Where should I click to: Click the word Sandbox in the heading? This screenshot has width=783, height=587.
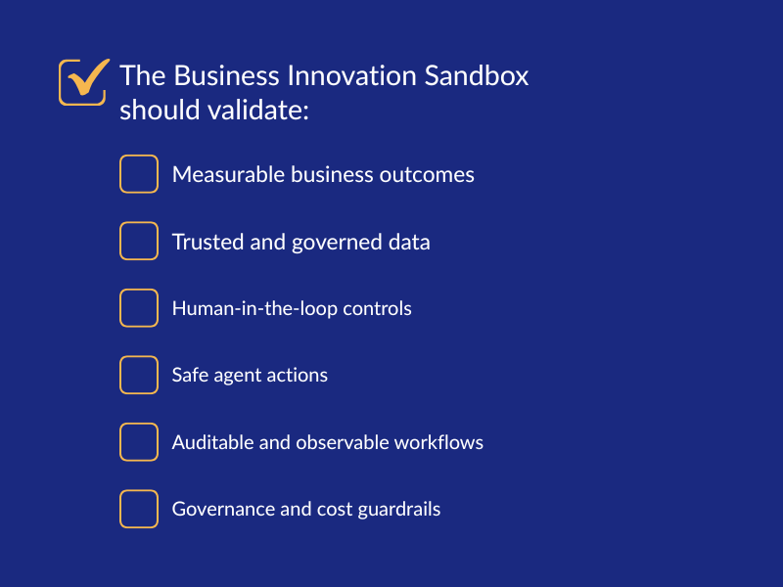477,76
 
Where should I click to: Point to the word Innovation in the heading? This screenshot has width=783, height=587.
351,76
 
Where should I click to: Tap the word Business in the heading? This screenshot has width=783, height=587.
227,76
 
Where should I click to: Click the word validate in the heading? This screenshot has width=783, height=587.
258,110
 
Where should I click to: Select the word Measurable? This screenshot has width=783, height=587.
228,175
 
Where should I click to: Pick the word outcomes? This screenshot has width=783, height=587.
427,175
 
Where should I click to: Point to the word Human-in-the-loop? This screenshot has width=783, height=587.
254,309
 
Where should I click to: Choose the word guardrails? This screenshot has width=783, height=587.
399,510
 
